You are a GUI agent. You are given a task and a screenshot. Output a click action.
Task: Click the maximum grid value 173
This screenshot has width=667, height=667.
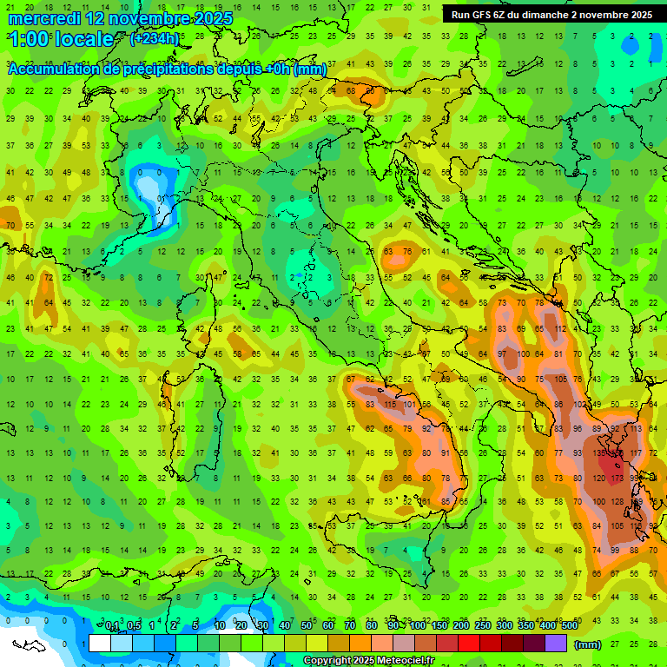[617, 478]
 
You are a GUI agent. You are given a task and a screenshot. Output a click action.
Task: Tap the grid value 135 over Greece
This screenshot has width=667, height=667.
[600, 453]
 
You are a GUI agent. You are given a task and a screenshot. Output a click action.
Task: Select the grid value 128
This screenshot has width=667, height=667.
[617, 502]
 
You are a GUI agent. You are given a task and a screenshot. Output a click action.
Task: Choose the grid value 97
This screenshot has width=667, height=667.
[502, 354]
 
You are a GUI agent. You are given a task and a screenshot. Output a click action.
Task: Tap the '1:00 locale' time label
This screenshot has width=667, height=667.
[61, 39]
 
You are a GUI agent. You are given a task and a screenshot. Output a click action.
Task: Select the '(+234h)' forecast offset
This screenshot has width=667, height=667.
[155, 39]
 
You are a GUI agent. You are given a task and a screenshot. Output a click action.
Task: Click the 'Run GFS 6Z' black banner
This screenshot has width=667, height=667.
[551, 15]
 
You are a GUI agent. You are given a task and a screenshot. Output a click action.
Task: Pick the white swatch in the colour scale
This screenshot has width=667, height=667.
[99, 644]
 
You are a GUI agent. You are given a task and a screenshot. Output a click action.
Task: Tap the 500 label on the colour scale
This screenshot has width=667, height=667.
[569, 626]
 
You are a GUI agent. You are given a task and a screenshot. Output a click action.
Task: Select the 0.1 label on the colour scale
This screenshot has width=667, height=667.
[112, 626]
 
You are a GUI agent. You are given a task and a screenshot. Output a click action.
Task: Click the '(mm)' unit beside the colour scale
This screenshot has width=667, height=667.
[588, 644]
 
